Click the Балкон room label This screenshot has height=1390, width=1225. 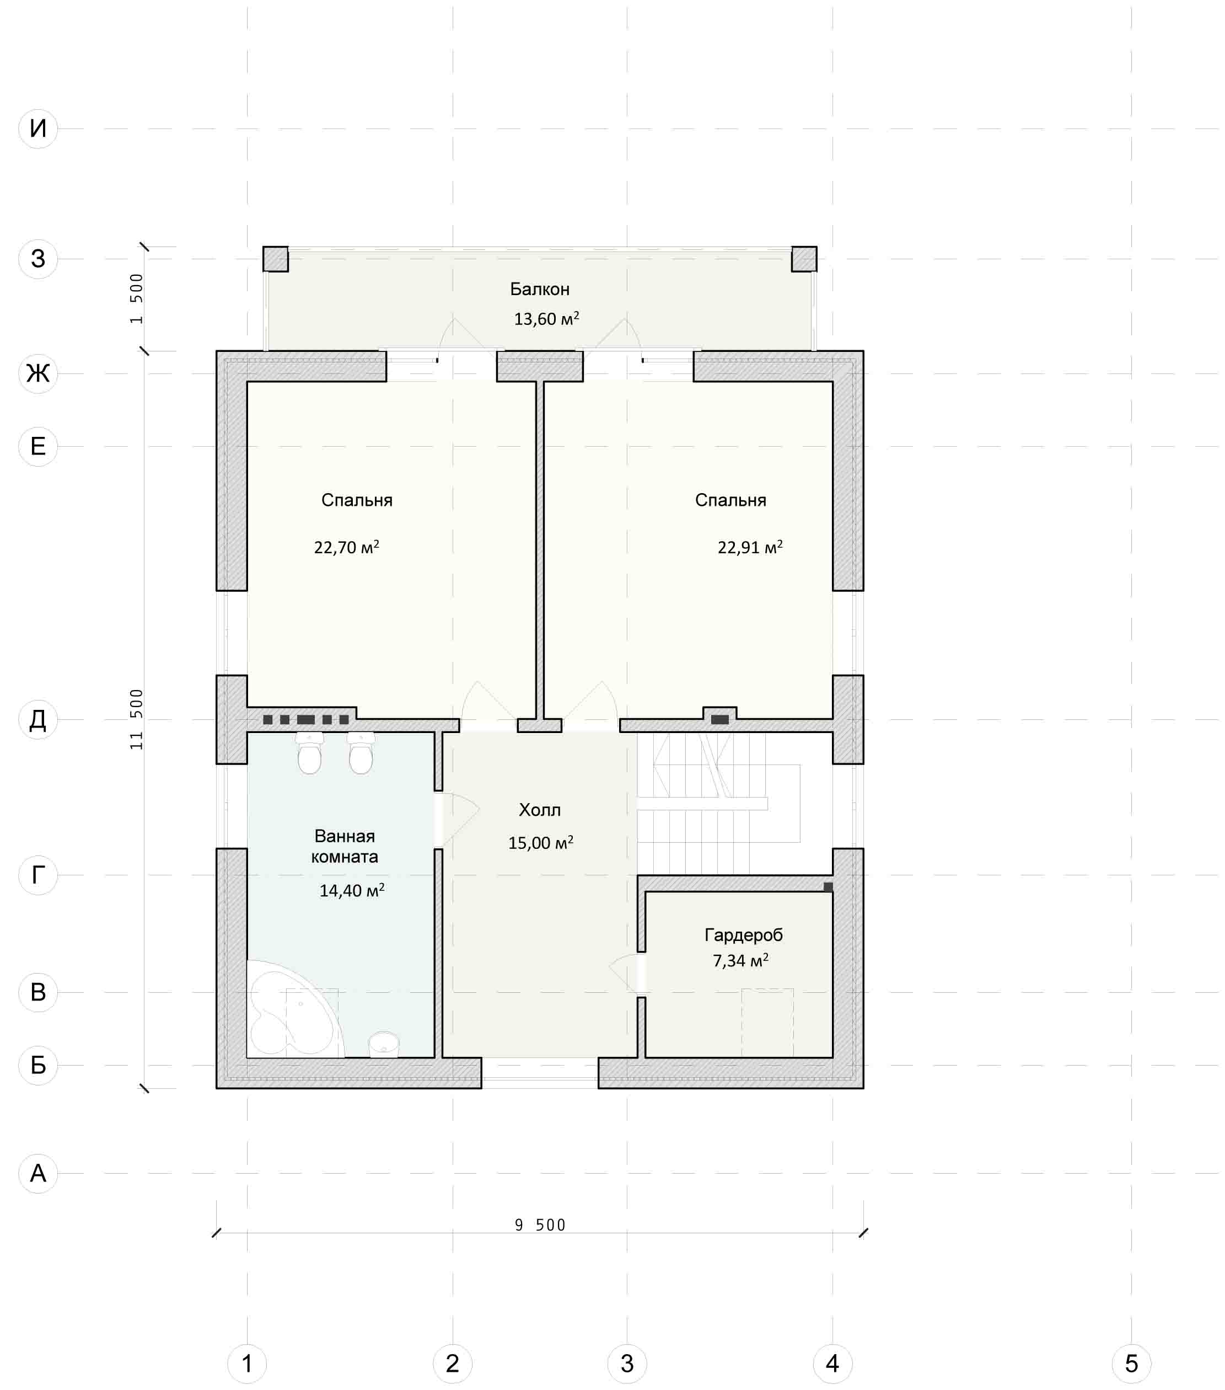click(x=540, y=289)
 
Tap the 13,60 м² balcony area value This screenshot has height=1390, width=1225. click(x=546, y=318)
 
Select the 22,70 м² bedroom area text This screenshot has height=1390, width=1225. click(x=347, y=547)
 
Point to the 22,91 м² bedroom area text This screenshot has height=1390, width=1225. click(x=750, y=547)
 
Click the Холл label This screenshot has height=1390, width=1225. click(x=540, y=809)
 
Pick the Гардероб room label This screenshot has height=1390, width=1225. click(x=744, y=935)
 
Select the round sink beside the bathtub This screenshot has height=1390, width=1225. click(x=384, y=1044)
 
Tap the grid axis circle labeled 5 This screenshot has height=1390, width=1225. click(x=1132, y=1363)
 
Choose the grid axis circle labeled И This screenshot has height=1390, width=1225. click(x=38, y=128)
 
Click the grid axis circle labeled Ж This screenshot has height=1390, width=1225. click(x=38, y=373)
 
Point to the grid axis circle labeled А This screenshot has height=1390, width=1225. click(x=38, y=1173)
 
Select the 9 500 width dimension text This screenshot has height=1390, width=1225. click(x=540, y=1225)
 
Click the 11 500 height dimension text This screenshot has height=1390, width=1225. click(x=137, y=719)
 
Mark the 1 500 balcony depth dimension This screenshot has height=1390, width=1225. click(x=137, y=298)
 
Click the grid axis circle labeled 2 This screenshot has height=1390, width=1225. click(x=453, y=1363)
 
